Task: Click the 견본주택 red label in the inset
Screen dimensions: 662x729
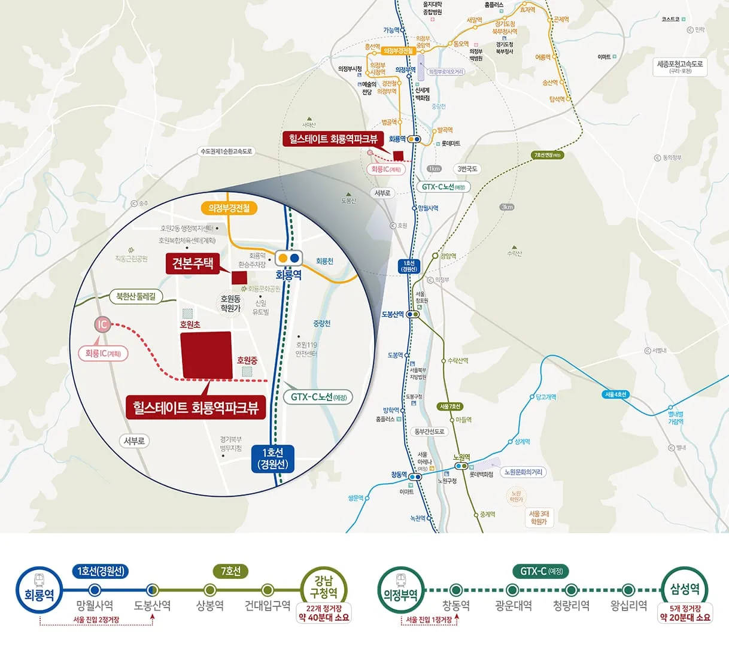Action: point(193,263)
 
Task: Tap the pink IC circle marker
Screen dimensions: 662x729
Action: point(102,324)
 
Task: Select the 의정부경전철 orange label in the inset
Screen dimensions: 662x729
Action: point(229,208)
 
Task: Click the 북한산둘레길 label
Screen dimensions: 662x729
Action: point(136,296)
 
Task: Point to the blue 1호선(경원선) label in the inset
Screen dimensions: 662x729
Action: point(272,458)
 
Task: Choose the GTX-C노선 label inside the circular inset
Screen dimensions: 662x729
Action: point(318,397)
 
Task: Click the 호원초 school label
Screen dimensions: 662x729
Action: point(190,324)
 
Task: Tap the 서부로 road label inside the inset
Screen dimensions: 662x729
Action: point(134,441)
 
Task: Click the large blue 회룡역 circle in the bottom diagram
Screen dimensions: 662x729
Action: point(39,590)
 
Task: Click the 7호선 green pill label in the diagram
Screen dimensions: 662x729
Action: point(230,571)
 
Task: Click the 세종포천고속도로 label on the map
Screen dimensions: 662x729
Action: point(680,66)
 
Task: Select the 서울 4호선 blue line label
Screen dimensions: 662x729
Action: point(615,394)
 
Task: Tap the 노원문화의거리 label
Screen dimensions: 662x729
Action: point(523,472)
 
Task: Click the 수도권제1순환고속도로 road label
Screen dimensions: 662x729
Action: point(226,151)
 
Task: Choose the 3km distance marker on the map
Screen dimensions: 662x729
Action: point(507,207)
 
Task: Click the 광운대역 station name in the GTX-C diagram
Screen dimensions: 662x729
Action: point(514,606)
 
